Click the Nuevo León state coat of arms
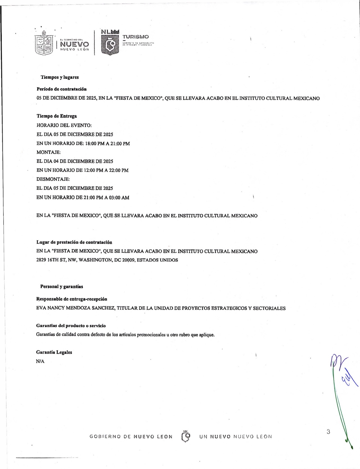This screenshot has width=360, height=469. pos(44,44)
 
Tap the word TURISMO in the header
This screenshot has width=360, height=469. pos(136,37)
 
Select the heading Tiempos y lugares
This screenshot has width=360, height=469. pos(60,77)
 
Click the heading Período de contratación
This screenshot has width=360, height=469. pos(62,89)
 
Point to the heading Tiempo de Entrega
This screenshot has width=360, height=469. pos(57,116)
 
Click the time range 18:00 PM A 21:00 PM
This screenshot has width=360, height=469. pos(107,144)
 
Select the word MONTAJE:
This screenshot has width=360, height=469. pos(49,152)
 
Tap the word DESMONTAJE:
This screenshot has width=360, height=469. pos(53,179)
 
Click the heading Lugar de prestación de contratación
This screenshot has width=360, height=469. pos(74,242)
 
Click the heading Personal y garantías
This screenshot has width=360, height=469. pos(62,287)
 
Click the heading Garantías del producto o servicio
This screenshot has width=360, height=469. pos(71,326)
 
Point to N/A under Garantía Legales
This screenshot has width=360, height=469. pos(40,361)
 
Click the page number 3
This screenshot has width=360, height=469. pos(328,432)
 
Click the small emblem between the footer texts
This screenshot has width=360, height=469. pos(186,436)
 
